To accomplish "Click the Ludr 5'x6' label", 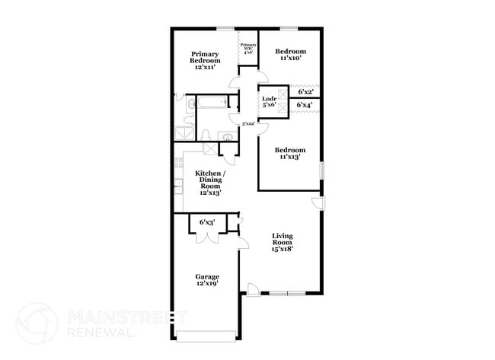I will click(268, 102).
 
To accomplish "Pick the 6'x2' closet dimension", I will click(306, 91).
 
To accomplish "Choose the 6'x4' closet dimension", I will click(305, 105).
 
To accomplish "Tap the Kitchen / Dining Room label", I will click(209, 183).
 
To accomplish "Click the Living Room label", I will click(283, 241).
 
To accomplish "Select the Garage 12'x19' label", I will click(207, 280).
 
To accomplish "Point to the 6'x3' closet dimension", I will click(207, 222).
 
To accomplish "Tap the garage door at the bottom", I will click(207, 334).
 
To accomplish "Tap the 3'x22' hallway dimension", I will click(247, 124).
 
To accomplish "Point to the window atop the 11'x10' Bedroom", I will click(289, 29).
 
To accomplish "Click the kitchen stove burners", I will click(178, 161).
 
